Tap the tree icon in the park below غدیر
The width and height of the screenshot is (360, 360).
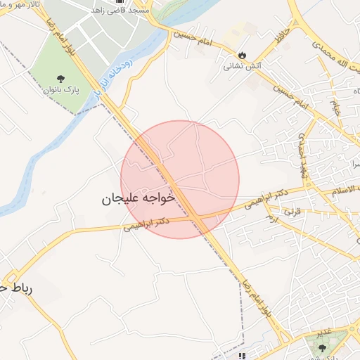[x=323, y=347]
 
